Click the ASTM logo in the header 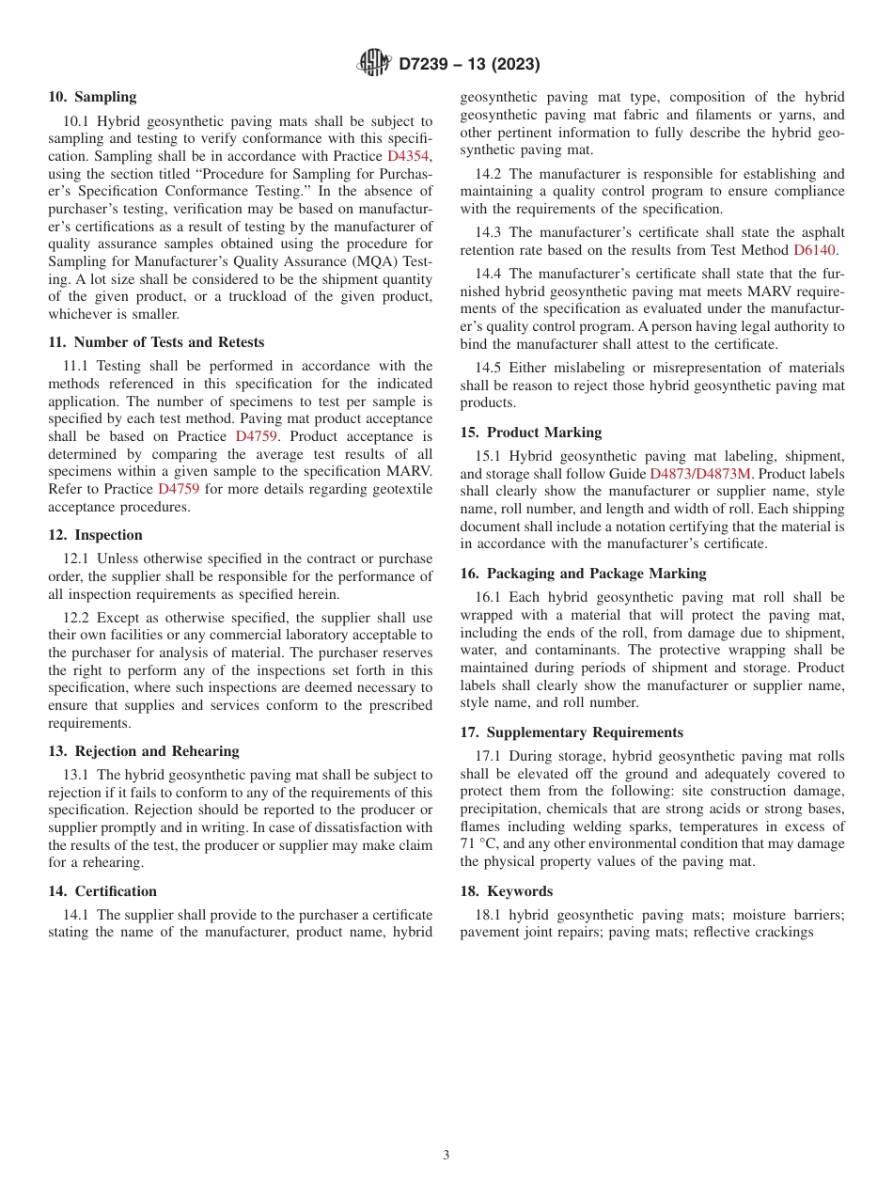(374, 63)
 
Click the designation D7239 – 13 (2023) (469, 64)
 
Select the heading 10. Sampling (92, 97)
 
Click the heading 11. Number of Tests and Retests (156, 342)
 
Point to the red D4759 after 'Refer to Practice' (179, 489)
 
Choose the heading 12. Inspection (95, 535)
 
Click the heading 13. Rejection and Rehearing (144, 751)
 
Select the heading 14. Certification (102, 891)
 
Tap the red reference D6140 (814, 250)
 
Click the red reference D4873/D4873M (700, 474)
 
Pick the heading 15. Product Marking (530, 433)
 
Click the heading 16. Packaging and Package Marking (583, 574)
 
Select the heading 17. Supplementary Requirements (572, 732)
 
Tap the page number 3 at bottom (446, 1156)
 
